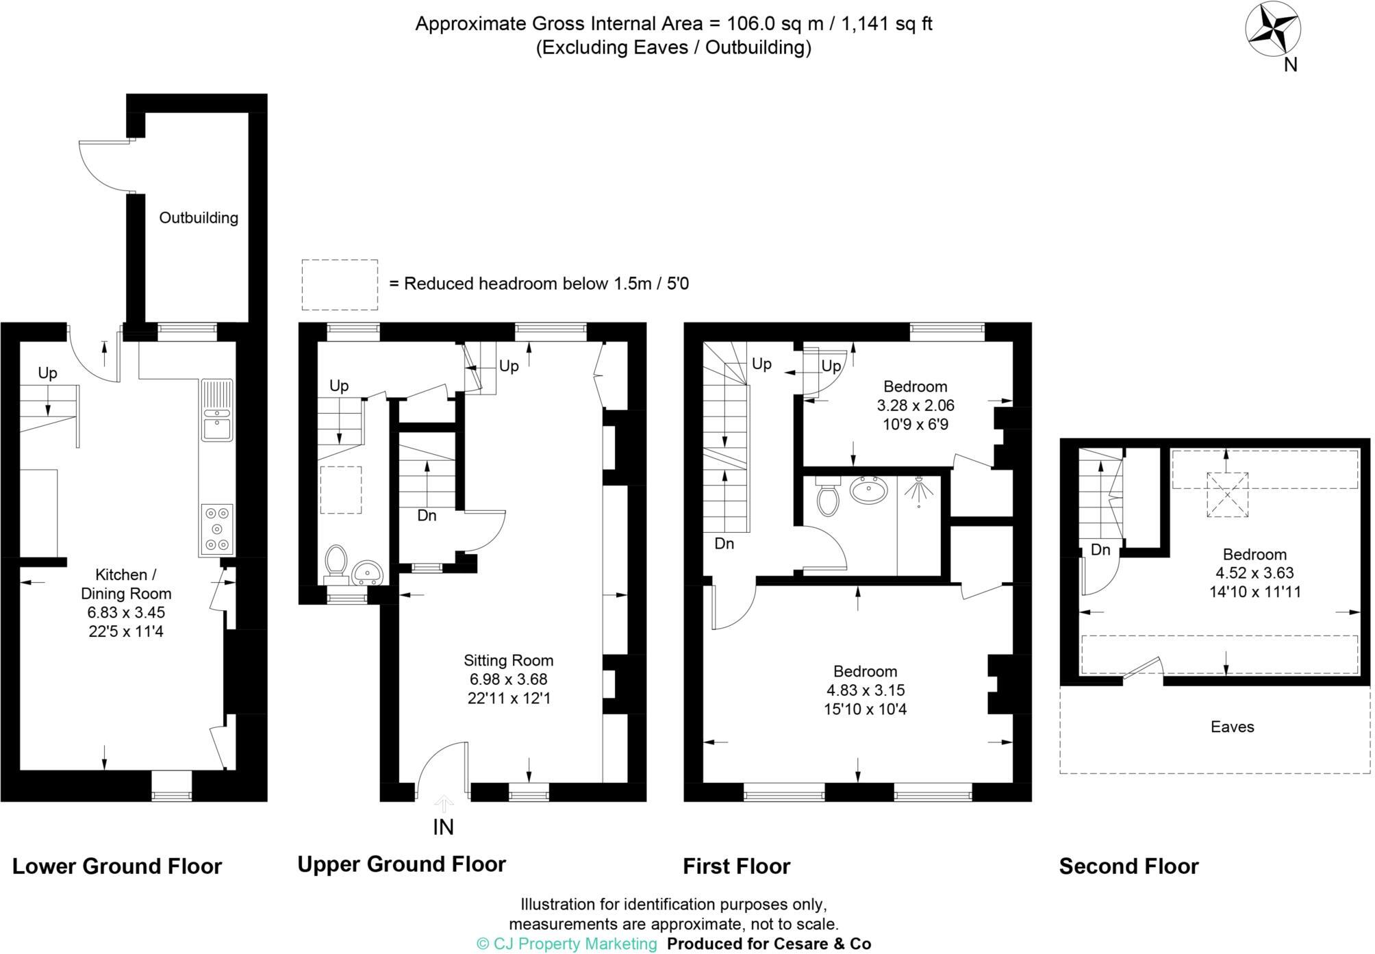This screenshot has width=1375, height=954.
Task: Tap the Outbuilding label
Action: pos(199,218)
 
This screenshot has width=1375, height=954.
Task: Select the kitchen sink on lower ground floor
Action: pos(217,427)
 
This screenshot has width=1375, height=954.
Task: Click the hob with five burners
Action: pos(217,529)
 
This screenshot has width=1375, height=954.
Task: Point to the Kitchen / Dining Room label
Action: pos(126,584)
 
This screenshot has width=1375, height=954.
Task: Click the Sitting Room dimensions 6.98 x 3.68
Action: pos(508,679)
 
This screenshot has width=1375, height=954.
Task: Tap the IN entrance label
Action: pos(443,827)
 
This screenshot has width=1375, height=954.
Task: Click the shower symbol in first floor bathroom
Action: pos(918,490)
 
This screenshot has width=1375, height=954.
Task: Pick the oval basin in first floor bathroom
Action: pos(868,490)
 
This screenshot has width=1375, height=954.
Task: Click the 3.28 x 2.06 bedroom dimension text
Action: pos(916,405)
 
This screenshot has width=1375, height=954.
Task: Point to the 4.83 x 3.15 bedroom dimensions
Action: pos(865,690)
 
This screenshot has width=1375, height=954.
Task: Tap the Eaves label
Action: pos(1232,727)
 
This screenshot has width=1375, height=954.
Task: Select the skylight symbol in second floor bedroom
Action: pos(1227,494)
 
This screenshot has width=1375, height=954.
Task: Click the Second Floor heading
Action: pos(1128,866)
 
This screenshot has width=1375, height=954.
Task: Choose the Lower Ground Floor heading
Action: pos(117,866)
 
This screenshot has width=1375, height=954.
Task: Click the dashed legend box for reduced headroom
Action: pos(340,284)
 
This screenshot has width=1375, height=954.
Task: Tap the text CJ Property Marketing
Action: pos(566,944)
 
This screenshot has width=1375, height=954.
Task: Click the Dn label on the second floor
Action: pos(1100,550)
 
